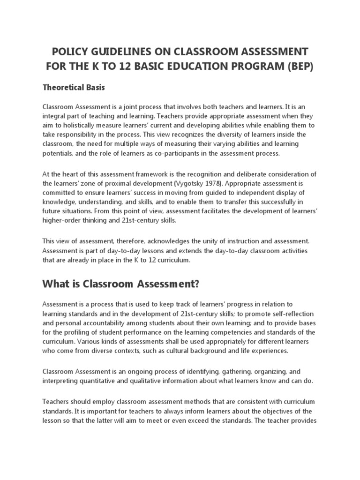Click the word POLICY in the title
pos(70,51)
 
